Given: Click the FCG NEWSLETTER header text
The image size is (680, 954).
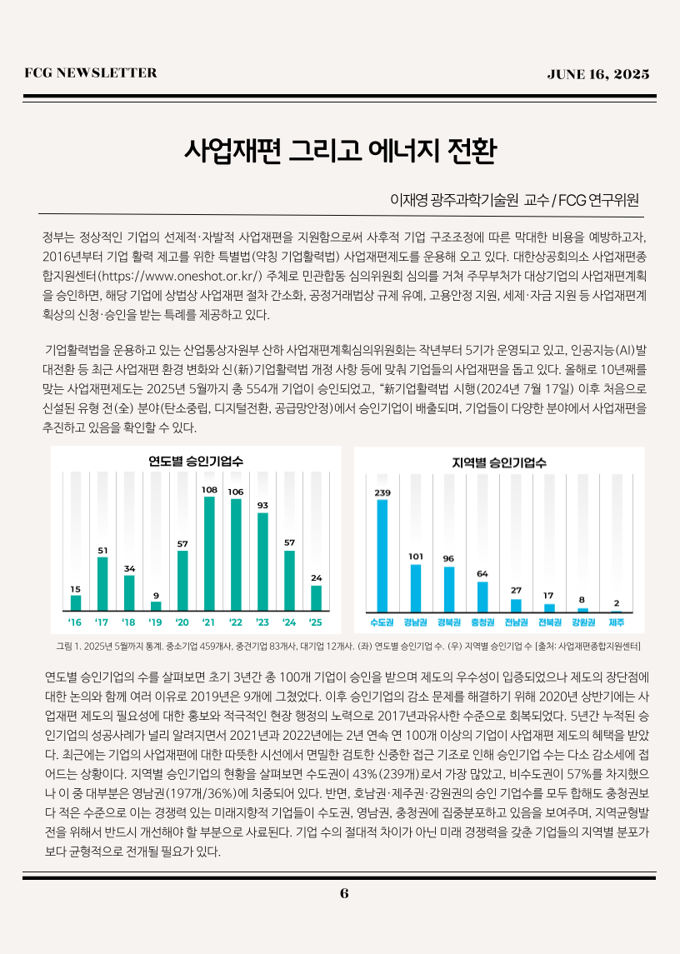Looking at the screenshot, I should point(91,73).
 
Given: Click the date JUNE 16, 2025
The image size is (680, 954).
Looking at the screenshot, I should point(597,74).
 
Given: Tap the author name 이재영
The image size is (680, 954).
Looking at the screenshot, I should point(407,200).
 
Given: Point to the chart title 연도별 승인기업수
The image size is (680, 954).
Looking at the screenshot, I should point(196,460).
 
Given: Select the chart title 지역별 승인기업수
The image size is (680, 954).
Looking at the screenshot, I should point(499,462).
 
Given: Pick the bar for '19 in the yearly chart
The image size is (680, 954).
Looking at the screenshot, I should point(156,606).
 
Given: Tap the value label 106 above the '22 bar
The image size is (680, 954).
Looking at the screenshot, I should point(236,492).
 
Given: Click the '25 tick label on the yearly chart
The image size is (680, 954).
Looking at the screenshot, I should point(316,622).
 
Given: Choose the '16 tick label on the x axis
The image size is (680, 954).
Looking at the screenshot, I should point(76,622).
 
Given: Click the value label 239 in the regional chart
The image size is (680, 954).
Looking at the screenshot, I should point(382,492).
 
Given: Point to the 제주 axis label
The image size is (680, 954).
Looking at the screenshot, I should point(617,622).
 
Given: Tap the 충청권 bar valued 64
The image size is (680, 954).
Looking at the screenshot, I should point(482,597).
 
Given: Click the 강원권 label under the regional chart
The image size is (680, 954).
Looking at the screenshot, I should point(582,622).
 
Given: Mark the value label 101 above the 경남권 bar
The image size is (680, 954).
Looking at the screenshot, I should point(416,556).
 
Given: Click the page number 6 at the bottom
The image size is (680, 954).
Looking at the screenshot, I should point(343,893).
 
